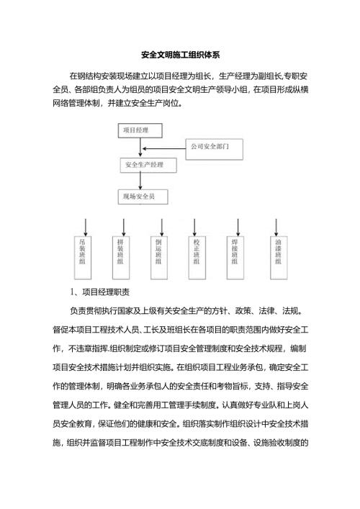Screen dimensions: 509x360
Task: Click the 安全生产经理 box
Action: point(148,165)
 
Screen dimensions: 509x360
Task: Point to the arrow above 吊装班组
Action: point(86,225)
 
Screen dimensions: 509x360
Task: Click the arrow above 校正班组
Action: point(196,225)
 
